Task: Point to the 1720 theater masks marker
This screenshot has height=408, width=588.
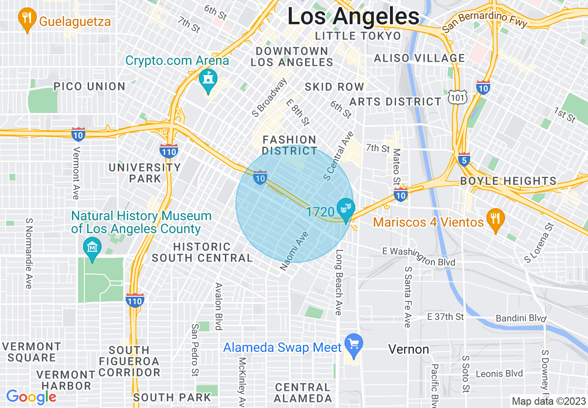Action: pos(345,208)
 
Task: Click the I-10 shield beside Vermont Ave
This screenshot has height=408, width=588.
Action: pos(78,134)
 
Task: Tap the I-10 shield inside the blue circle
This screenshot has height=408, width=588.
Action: pos(260,177)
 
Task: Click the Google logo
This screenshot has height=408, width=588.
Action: pos(31,397)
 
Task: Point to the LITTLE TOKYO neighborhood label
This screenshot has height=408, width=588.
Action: pos(358,36)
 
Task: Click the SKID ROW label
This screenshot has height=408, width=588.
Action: pos(334,87)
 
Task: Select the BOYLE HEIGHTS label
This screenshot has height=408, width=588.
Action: pos(508,181)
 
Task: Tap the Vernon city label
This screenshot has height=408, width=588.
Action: pos(409,349)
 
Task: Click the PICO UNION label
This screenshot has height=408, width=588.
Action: pos(89,86)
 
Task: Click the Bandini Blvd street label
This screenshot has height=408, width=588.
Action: pos(521,319)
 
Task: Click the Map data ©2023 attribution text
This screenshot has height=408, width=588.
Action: pos(548,401)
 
